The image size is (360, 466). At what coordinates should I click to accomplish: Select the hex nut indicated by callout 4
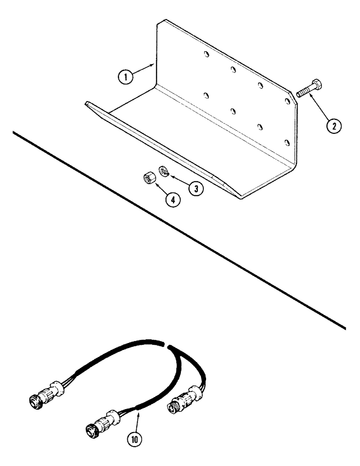[x=147, y=178]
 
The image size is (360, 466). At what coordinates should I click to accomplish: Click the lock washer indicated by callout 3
[x=163, y=170]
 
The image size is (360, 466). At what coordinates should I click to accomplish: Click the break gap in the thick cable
[x=166, y=345]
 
